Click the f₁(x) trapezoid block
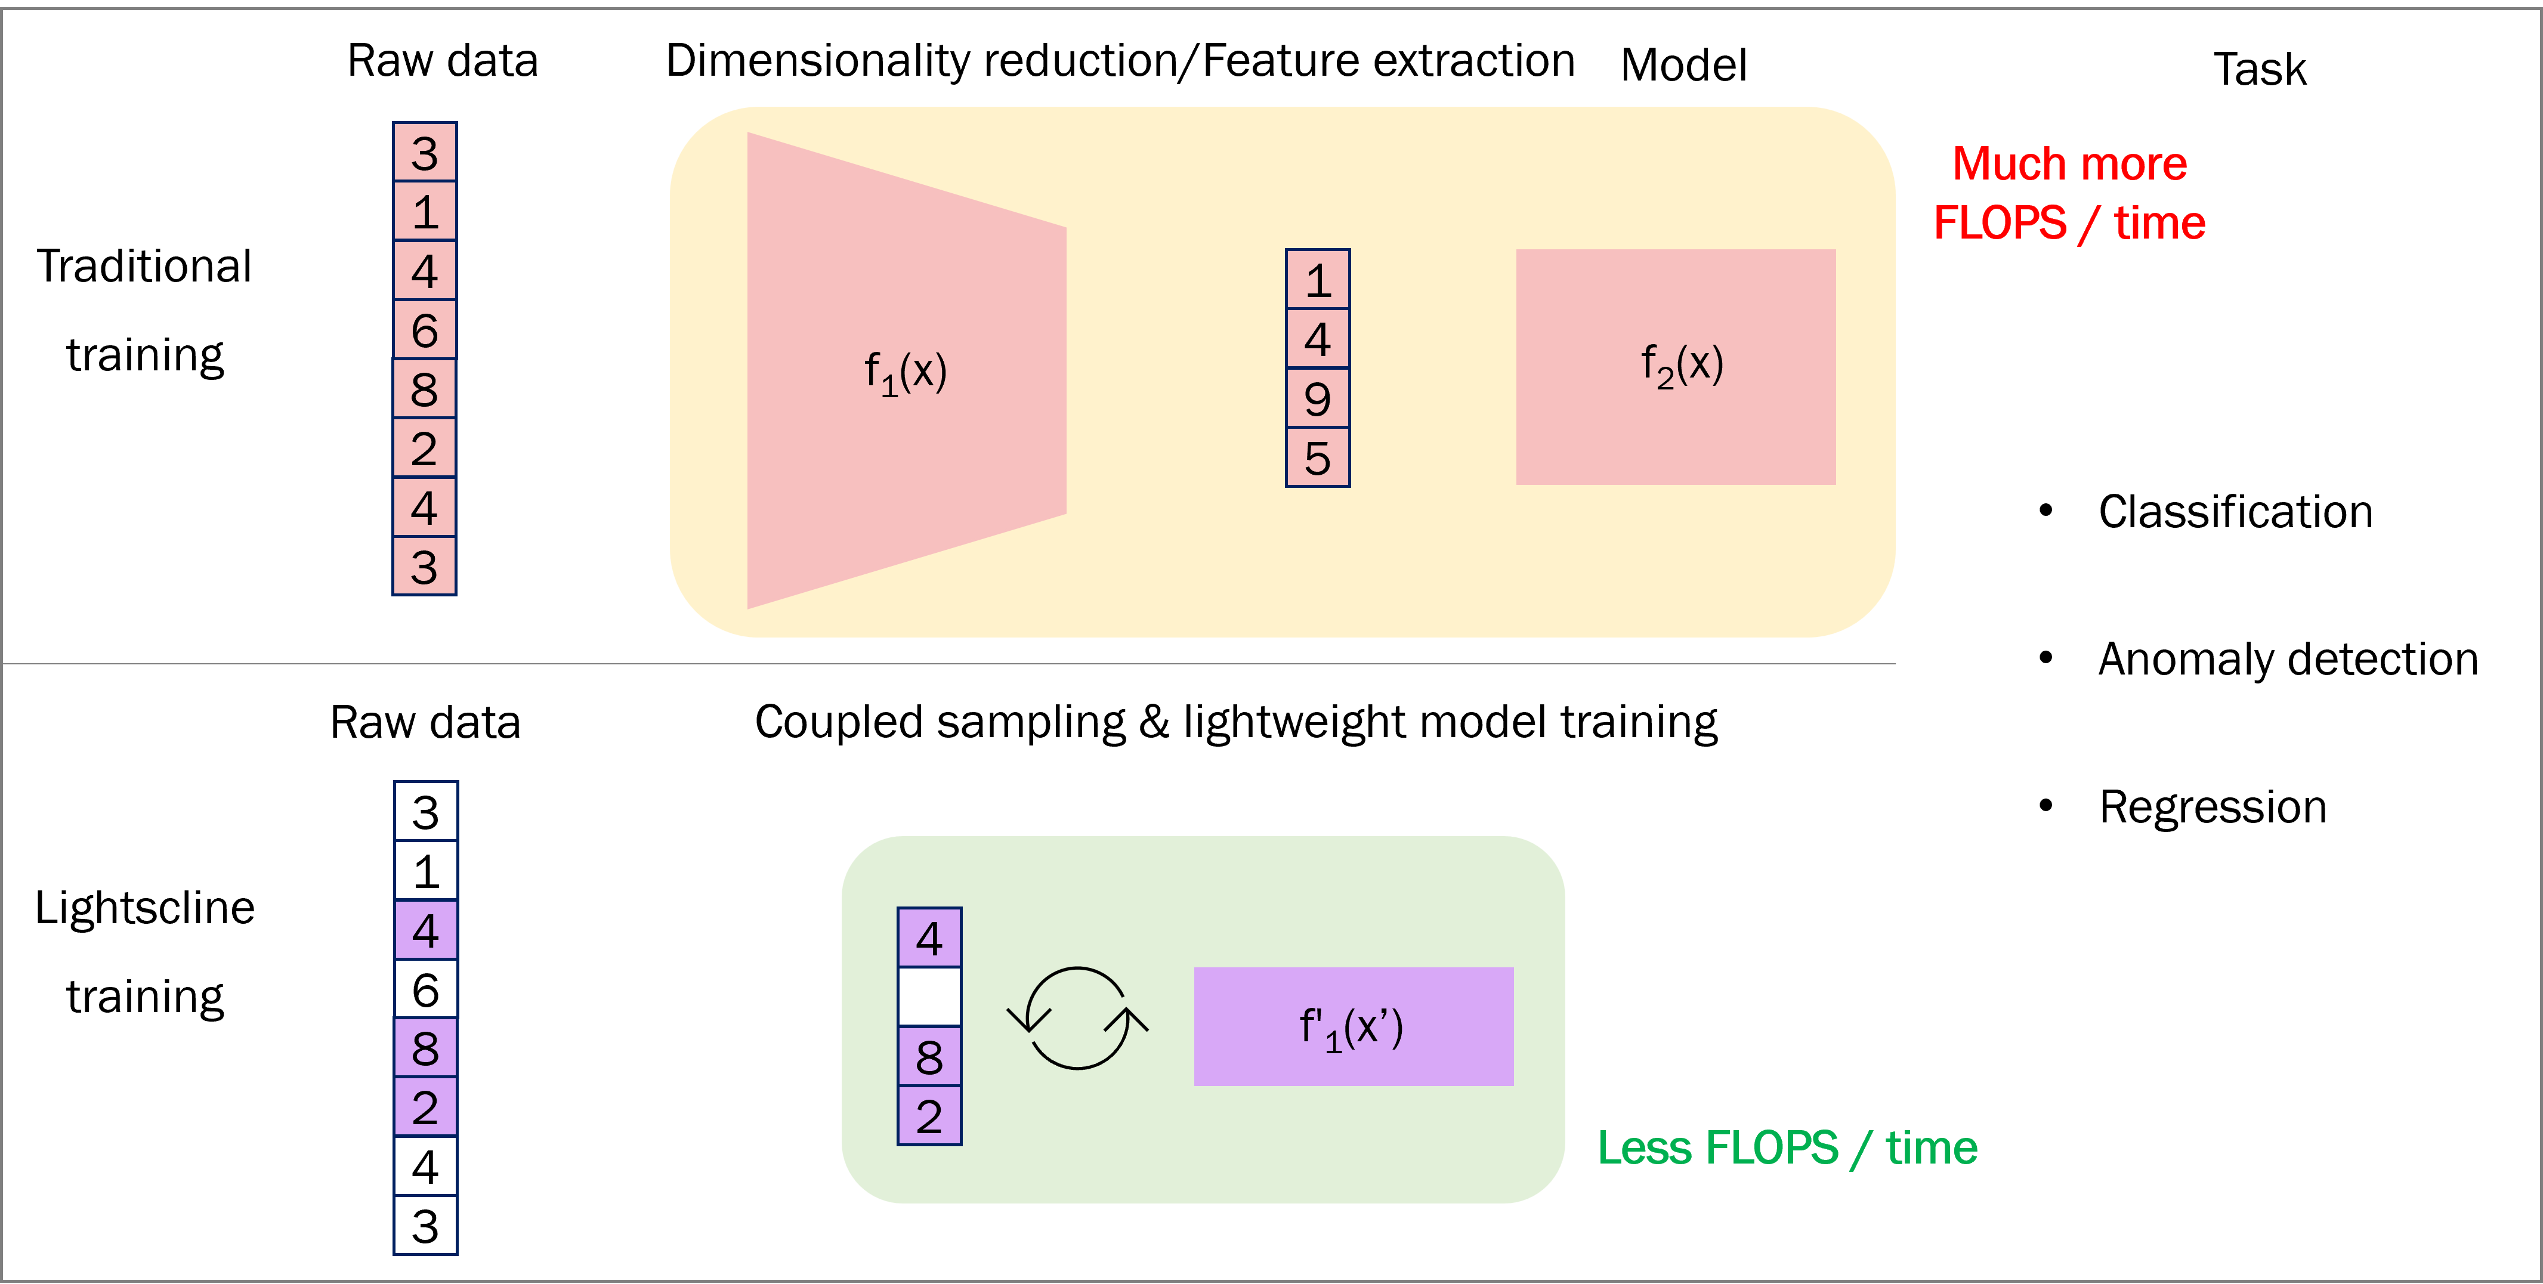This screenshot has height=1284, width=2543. pyautogui.click(x=906, y=370)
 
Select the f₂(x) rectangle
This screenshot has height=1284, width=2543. pyautogui.click(x=1675, y=366)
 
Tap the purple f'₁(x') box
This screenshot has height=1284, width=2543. pyautogui.click(x=1352, y=1026)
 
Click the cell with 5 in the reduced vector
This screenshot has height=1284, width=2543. pyautogui.click(x=1317, y=457)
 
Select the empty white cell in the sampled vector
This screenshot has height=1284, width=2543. pyautogui.click(x=929, y=997)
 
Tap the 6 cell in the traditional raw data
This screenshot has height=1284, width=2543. pyautogui.click(x=425, y=330)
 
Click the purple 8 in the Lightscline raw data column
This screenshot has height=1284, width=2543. pyautogui.click(x=425, y=1048)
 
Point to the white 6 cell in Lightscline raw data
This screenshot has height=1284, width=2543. pyautogui.click(x=425, y=989)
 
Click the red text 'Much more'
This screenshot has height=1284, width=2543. pyautogui.click(x=2069, y=164)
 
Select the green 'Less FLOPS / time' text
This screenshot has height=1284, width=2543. pyautogui.click(x=1787, y=1148)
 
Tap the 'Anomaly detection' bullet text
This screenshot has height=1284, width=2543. pyautogui.click(x=2287, y=659)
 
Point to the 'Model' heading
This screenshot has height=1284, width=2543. pyautogui.click(x=1683, y=65)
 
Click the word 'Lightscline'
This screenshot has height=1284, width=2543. pyautogui.click(x=145, y=908)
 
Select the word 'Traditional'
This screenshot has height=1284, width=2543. pyautogui.click(x=144, y=267)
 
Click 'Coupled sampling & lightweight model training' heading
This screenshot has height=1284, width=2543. pyautogui.click(x=1235, y=722)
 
